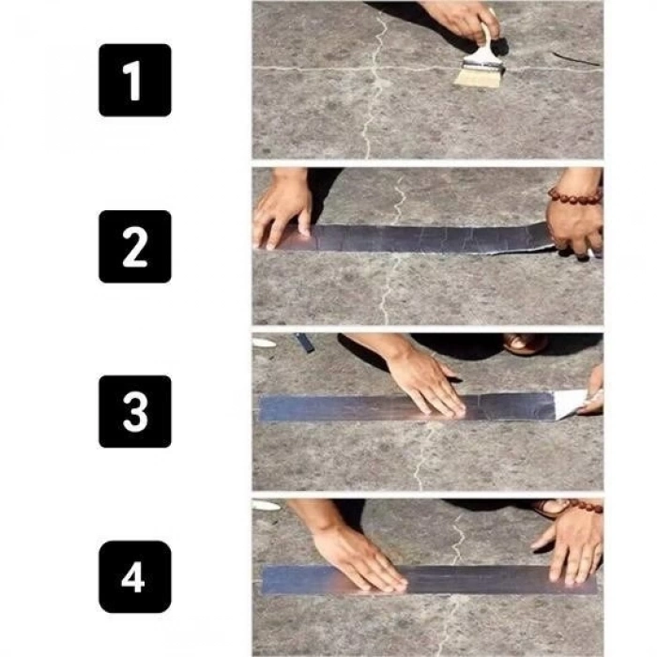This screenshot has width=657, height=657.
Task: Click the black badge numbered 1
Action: [134, 81]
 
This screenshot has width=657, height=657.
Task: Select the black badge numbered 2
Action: [134, 246]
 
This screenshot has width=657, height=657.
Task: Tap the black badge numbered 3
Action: [134, 411]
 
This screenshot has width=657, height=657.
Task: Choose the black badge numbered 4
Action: [134, 576]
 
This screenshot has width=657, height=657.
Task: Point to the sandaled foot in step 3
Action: [526, 344]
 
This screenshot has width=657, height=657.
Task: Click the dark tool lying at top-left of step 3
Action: [304, 343]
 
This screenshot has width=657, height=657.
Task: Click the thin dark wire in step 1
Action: [574, 59]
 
